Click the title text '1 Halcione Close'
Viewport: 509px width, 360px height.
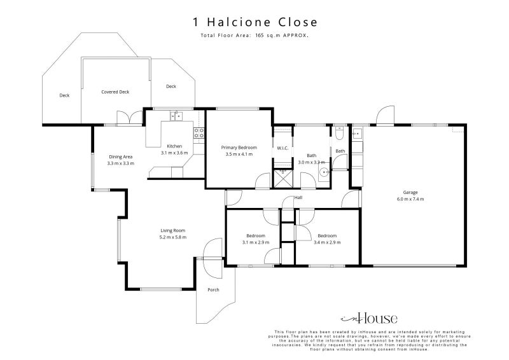click(254, 22)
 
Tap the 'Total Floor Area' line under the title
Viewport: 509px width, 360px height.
click(254, 36)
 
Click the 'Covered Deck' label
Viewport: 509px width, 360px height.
click(115, 92)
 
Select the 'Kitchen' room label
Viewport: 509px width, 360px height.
click(174, 146)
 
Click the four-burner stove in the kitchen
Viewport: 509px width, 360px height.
click(199, 133)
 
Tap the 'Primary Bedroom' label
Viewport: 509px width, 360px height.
click(239, 147)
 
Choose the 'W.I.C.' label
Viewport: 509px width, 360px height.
click(282, 148)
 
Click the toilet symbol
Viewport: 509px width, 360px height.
click(340, 134)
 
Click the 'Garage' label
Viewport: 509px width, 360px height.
click(410, 192)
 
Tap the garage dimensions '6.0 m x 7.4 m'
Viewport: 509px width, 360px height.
click(410, 199)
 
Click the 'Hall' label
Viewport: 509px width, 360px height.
click(298, 198)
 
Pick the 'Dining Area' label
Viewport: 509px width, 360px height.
click(120, 156)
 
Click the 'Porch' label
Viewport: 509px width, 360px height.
click(213, 290)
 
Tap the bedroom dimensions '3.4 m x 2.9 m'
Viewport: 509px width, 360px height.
click(327, 242)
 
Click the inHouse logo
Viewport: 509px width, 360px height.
click(369, 318)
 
